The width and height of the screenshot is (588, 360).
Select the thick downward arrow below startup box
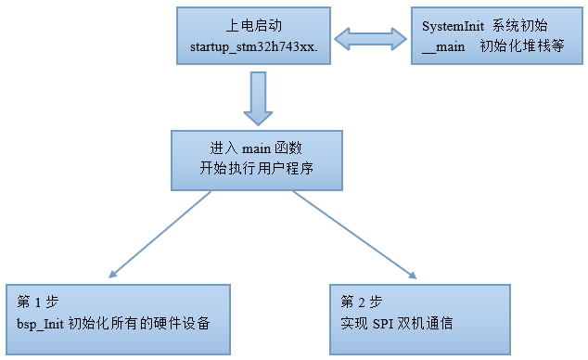click(257, 98)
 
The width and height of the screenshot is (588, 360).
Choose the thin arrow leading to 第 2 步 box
click(356, 236)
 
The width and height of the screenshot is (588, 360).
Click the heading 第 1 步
click(36, 302)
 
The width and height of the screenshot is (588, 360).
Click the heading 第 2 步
click(361, 302)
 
